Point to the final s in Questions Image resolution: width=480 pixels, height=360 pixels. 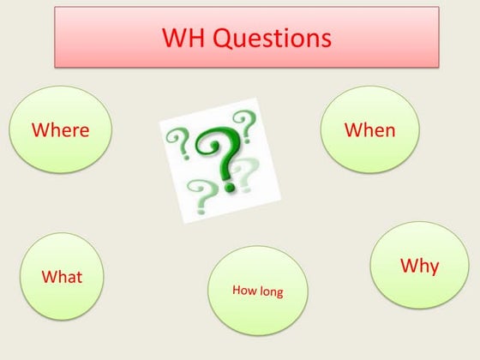[324, 40]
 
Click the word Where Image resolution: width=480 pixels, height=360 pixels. [60, 130]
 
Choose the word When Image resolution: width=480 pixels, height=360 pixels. [369, 130]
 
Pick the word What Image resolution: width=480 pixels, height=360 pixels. [62, 277]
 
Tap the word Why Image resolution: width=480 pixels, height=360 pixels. [419, 266]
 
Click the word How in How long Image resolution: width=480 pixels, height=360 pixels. [243, 291]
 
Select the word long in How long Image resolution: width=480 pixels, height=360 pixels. [270, 292]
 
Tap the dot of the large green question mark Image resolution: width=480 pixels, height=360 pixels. [229, 184]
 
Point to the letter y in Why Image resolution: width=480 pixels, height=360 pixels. [433, 268]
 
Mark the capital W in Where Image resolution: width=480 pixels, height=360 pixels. [39, 130]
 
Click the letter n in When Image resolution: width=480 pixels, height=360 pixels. [389, 131]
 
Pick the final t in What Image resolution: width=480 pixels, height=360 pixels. [79, 277]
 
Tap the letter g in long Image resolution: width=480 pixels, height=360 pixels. [279, 294]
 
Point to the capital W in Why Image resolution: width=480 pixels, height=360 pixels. [409, 266]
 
